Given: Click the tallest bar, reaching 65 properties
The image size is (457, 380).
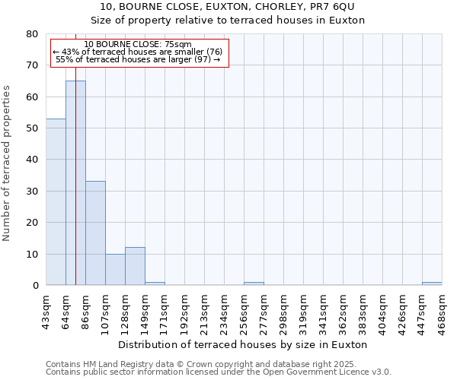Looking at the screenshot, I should pos(75,182).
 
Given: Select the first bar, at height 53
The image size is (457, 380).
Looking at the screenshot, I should pos(56,201).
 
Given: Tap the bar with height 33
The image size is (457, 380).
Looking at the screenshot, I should pos(95,233).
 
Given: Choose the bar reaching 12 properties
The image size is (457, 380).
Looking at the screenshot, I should pos(135,266).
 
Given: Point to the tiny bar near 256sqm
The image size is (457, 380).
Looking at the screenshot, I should pos(254,283).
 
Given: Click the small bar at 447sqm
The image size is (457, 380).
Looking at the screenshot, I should pos(432,283).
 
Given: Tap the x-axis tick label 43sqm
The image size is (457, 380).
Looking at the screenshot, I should pos(46,309).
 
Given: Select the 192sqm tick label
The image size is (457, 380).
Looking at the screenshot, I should pos(185,310).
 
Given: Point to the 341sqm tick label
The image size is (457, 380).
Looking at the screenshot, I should pos(324,310).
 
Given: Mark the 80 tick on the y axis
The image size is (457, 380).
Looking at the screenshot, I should pos(31,34).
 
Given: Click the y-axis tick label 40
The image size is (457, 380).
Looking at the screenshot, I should pos(31,160).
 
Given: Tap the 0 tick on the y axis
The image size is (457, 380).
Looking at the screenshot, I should pos(34,286).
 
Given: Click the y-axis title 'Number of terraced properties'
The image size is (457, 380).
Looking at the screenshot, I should pos(8,163).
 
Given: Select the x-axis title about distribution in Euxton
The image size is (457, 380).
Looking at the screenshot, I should pos(243,344).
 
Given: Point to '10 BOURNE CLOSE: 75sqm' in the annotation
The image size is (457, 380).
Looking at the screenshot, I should pos(138,45).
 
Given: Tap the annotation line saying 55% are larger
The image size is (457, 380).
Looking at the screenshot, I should pos(138,59).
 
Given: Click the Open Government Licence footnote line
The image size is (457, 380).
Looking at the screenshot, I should pos(219,372).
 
